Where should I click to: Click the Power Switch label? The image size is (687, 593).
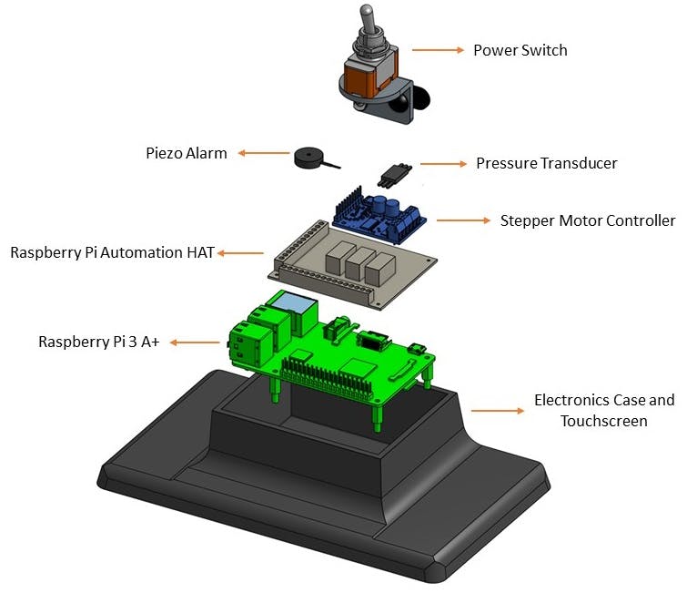(x=520, y=50)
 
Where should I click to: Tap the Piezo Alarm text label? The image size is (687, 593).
(x=187, y=153)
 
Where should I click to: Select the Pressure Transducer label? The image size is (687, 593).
(x=547, y=163)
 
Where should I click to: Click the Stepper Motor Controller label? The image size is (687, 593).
(x=588, y=220)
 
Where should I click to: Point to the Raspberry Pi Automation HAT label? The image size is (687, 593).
(x=112, y=252)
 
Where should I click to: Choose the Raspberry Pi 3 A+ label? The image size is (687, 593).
(x=98, y=343)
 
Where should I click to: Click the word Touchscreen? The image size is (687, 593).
(x=603, y=421)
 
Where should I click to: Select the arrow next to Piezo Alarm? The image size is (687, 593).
(x=258, y=153)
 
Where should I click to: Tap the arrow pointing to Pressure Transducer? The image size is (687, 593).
(x=442, y=164)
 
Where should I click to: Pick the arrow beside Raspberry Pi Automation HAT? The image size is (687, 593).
(x=240, y=252)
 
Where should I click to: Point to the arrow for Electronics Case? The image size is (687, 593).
(x=498, y=411)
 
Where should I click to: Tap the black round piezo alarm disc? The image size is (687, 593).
(x=310, y=160)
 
